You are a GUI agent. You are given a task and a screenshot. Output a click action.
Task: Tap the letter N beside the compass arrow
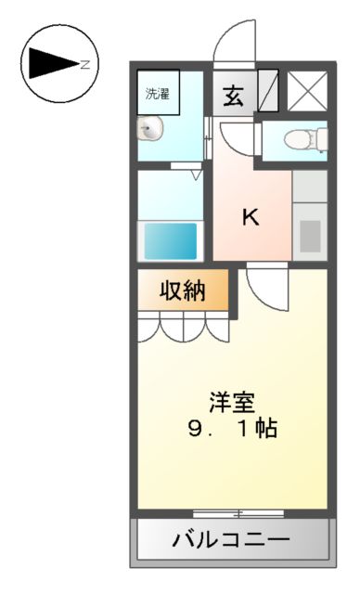[x=84, y=64]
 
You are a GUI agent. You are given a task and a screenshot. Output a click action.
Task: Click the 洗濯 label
[x=157, y=93]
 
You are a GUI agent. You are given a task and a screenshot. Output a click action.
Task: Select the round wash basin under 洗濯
[x=148, y=129]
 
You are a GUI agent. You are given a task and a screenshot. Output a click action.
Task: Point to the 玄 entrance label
[x=233, y=96]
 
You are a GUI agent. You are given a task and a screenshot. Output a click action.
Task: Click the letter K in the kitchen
[x=251, y=217]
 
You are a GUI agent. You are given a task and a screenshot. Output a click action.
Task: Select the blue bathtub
[x=169, y=241]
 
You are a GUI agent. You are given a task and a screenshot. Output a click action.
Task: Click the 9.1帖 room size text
[x=232, y=430]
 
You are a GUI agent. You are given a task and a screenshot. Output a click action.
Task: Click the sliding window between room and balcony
[x=238, y=512]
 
